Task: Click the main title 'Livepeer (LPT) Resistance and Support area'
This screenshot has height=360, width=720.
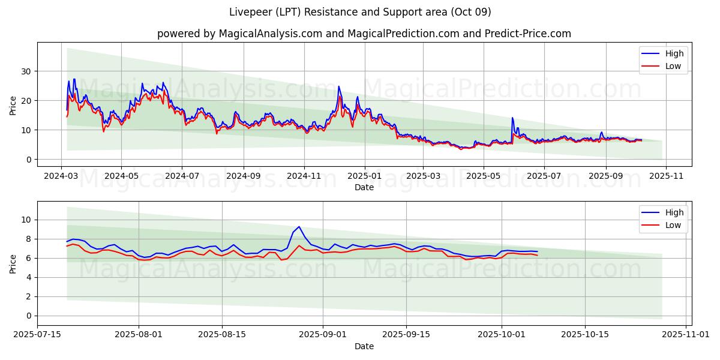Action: coord(360,12)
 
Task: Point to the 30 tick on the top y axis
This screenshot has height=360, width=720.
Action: coord(27,71)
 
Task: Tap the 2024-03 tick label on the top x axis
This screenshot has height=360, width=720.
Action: coord(61,176)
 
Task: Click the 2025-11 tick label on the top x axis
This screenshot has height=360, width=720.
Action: coord(666,176)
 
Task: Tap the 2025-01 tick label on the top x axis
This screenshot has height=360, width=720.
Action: coord(364,176)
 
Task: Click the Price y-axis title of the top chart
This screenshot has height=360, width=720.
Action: coord(13,105)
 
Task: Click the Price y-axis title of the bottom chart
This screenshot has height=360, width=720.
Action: coord(13,263)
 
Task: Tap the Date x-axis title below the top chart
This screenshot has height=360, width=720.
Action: coord(364,187)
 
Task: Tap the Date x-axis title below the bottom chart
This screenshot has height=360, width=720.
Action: coord(364,346)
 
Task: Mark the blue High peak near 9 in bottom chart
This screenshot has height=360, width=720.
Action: coord(299,227)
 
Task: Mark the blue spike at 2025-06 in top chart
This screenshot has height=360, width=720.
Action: coord(512,118)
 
